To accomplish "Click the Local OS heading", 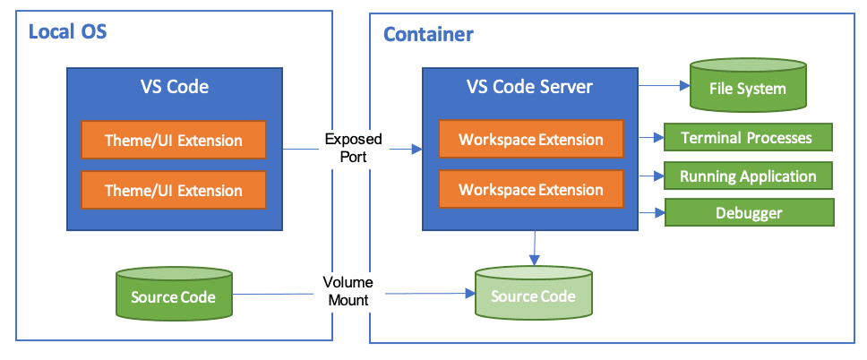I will (x=67, y=33).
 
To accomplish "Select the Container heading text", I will (x=428, y=35).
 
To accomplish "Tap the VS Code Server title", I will (x=529, y=87).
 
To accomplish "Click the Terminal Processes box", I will (x=747, y=138).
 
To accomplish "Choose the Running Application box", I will (x=747, y=176).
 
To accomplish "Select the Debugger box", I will (x=748, y=213).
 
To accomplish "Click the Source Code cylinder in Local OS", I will (x=173, y=296).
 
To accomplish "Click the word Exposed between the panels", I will (x=353, y=140).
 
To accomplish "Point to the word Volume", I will (x=348, y=283).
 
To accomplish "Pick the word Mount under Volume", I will (x=346, y=300).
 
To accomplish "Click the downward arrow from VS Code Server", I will (x=535, y=246).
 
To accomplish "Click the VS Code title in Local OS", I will (x=175, y=87).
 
